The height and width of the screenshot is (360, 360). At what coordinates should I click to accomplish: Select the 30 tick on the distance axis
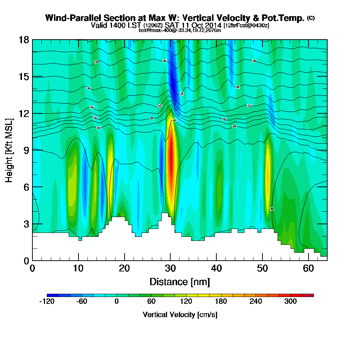coord(170,260)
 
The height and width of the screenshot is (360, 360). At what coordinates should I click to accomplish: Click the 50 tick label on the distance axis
coord(262,269)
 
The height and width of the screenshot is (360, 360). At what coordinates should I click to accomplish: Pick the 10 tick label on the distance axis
coord(78,269)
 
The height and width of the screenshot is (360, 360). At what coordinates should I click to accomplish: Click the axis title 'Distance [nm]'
coord(180,281)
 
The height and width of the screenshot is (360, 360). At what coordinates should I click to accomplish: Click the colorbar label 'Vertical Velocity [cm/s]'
coord(180,315)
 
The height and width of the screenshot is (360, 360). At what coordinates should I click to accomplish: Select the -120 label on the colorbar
coord(46,301)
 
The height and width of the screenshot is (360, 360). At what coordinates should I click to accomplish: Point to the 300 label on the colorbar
coord(291,301)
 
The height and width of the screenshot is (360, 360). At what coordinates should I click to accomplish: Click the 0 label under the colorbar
coord(116,301)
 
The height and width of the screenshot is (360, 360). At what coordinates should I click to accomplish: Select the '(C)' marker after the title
coord(311,18)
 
